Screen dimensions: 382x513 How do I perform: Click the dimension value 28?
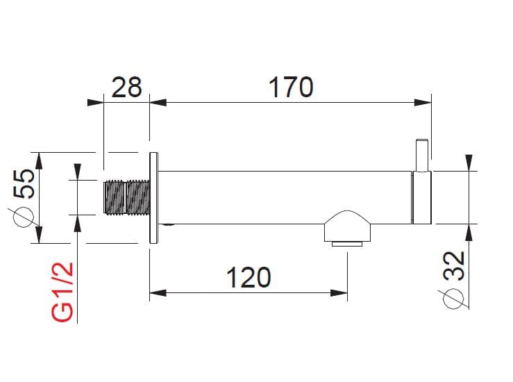tap(126, 88)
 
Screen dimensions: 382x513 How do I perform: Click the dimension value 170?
tap(291, 88)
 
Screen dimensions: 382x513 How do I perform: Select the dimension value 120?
tap(249, 278)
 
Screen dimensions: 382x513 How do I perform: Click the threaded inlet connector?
tap(126, 197)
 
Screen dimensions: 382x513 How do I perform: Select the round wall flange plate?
tap(154, 197)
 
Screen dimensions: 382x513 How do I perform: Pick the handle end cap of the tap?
tap(422, 197)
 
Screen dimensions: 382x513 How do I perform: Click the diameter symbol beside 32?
tap(453, 298)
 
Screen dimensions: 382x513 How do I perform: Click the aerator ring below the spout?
tap(347, 243)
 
